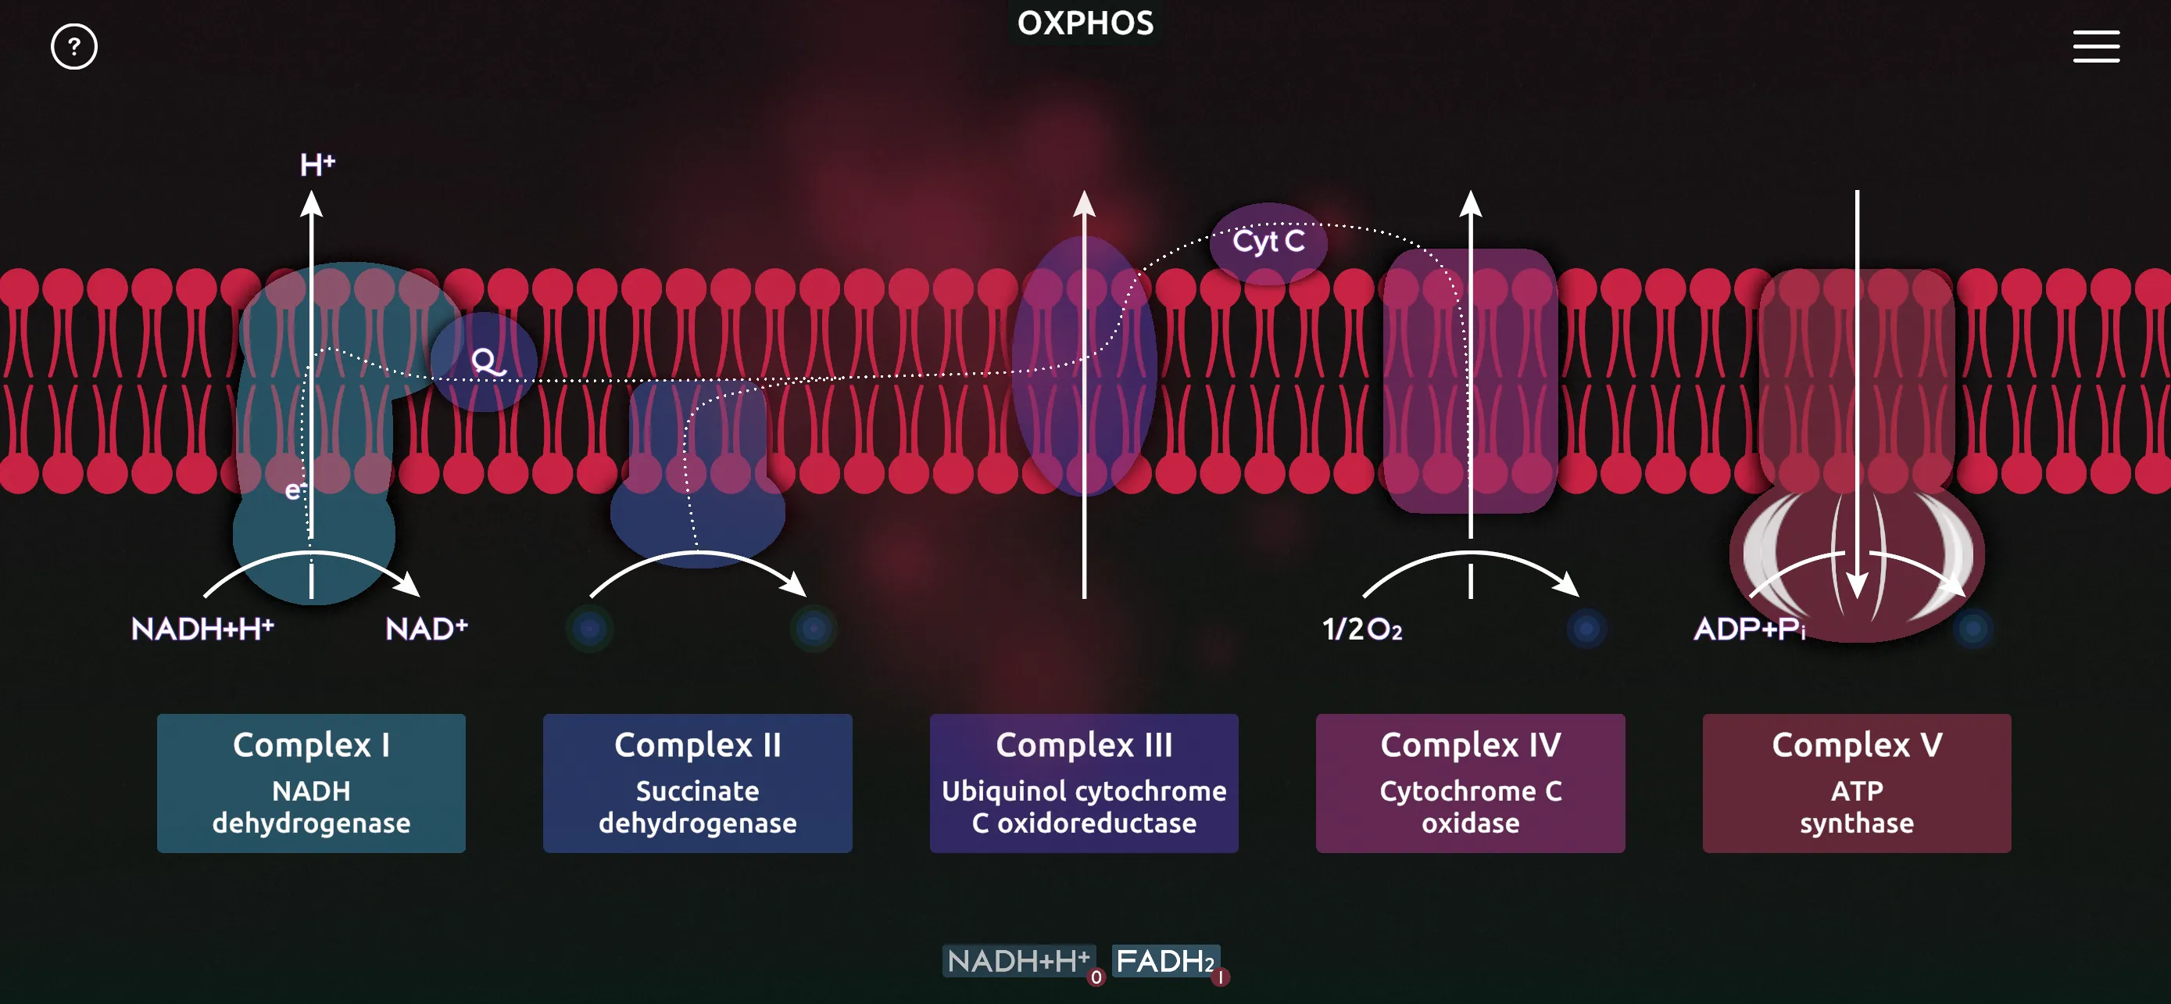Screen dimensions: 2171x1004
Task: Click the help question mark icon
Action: (x=74, y=46)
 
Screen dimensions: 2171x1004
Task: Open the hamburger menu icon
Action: (x=2096, y=46)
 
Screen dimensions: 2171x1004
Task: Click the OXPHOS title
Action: (x=1085, y=23)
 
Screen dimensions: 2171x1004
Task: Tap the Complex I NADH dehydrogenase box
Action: (x=311, y=783)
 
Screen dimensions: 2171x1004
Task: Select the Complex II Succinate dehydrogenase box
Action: (x=698, y=783)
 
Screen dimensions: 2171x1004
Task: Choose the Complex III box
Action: (x=1084, y=783)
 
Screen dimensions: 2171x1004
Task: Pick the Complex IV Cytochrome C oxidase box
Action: (x=1471, y=783)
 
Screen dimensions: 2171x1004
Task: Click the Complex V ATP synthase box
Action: (x=1857, y=783)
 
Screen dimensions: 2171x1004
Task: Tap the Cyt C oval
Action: (x=1268, y=242)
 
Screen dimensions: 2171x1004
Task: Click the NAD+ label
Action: (x=427, y=629)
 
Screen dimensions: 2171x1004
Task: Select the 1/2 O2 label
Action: (x=1362, y=629)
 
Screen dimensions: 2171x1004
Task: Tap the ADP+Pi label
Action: (x=1750, y=629)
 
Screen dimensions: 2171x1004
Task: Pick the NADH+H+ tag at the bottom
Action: (x=1018, y=961)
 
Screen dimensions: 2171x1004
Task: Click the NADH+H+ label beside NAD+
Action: (x=202, y=629)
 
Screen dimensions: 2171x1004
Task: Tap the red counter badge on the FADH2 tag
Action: (x=1221, y=978)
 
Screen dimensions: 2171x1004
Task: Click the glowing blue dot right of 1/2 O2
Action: (x=1586, y=629)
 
